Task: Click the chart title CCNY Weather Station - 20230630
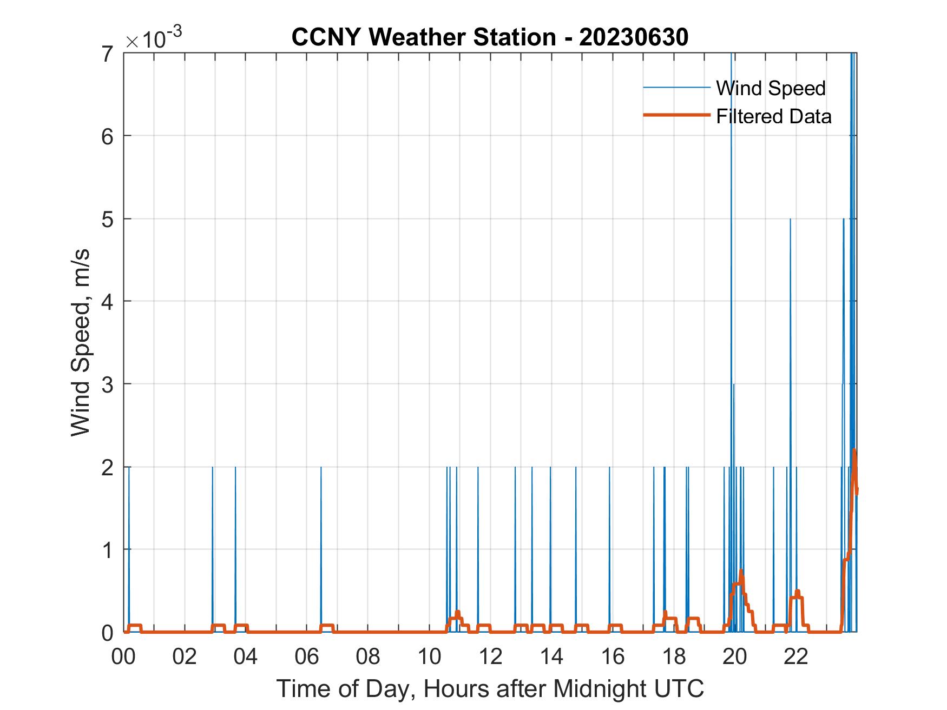[x=490, y=37]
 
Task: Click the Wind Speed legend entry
[x=771, y=88]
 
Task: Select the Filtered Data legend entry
[x=773, y=116]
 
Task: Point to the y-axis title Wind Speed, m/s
[x=81, y=343]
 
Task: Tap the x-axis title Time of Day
[x=490, y=688]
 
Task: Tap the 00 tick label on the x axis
[x=123, y=656]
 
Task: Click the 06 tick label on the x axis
[x=307, y=656]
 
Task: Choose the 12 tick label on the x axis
[x=490, y=656]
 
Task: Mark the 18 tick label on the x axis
[x=674, y=656]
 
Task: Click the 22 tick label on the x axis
[x=796, y=656]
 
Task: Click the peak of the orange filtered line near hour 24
[x=854, y=450]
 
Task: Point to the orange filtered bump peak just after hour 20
[x=741, y=571]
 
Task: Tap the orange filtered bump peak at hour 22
[x=797, y=592]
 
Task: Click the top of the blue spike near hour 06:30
[x=321, y=467]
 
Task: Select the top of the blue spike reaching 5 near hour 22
[x=790, y=219]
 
